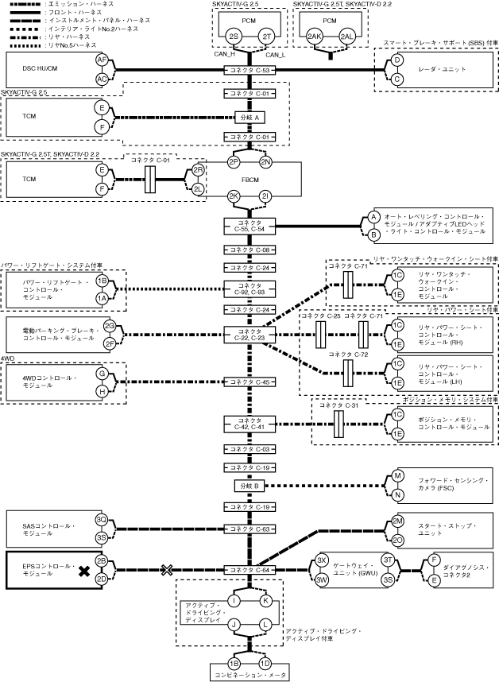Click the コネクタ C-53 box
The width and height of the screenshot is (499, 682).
250,71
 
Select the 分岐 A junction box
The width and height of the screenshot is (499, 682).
250,117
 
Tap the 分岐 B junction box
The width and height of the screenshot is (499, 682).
250,485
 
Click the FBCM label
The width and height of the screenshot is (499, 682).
250,180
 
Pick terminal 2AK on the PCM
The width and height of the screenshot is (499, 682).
315,37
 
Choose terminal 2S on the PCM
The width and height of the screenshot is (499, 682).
233,37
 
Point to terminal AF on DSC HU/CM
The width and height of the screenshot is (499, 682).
102,60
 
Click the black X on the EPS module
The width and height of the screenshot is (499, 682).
82,570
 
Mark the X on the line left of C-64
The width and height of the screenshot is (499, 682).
167,570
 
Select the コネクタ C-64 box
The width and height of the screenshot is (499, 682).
250,570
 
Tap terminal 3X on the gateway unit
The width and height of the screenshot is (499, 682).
323,560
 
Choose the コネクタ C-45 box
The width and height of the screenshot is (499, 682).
250,382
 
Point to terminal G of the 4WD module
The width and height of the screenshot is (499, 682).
102,373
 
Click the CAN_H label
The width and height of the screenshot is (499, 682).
225,55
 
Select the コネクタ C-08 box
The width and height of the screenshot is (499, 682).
250,250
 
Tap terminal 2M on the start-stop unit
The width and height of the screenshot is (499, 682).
398,521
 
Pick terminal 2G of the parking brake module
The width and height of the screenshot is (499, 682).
110,327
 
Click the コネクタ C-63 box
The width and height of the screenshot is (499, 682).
250,529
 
